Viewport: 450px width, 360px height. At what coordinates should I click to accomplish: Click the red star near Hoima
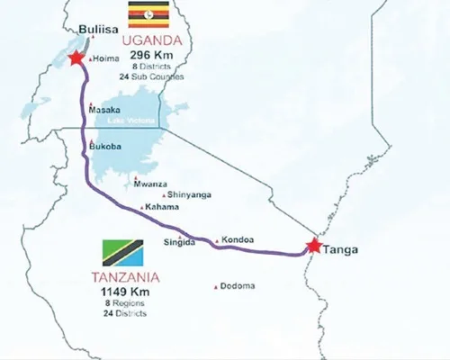(75, 58)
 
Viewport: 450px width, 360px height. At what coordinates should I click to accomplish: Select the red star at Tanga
(313, 245)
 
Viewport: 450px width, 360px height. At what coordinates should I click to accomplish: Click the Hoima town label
(105, 59)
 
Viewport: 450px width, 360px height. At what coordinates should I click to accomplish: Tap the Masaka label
(105, 111)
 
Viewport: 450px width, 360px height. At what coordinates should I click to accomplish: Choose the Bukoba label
(106, 146)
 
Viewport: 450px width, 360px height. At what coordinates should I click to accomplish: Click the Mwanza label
(150, 184)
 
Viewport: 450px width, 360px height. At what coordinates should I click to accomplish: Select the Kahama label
(159, 208)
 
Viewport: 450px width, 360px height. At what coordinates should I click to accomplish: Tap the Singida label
(179, 242)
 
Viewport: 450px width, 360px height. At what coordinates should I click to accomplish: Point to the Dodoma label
(238, 286)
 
